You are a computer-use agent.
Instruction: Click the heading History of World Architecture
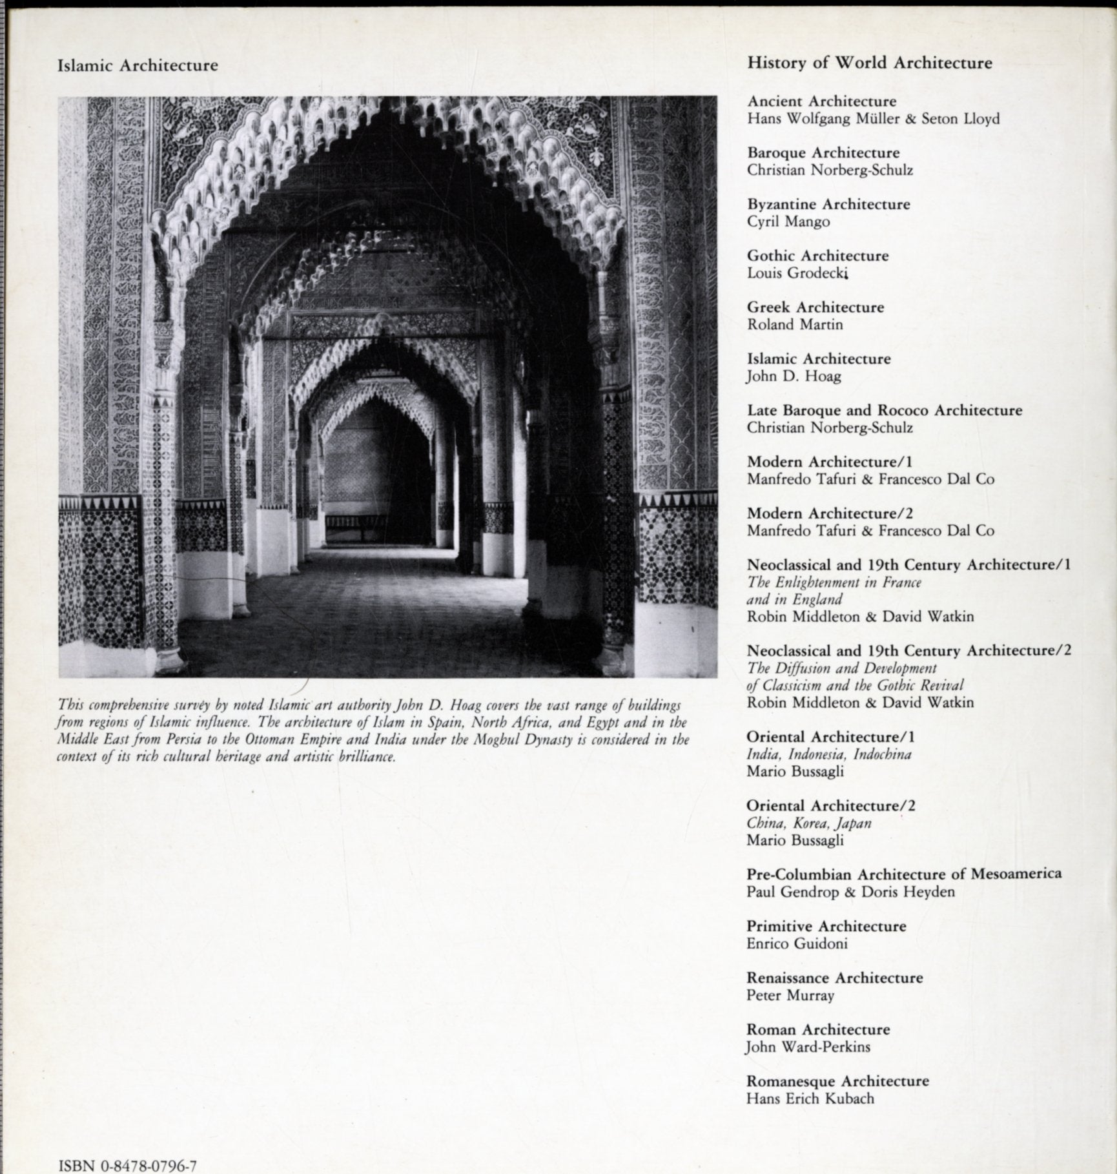(869, 63)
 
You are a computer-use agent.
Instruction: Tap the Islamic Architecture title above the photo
(138, 65)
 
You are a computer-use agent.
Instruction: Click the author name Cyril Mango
(788, 221)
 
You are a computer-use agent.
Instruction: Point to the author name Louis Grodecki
(796, 273)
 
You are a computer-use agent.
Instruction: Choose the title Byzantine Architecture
(828, 204)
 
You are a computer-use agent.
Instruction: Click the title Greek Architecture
(815, 307)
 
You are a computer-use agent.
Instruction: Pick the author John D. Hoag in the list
(794, 376)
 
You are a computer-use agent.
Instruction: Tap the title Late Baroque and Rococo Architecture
(885, 410)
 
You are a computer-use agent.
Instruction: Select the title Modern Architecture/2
(829, 513)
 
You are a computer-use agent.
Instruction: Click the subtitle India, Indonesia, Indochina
(828, 754)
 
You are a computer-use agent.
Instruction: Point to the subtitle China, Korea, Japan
(808, 823)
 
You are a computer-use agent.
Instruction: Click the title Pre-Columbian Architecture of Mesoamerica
(904, 874)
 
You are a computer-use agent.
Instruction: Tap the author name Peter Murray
(790, 995)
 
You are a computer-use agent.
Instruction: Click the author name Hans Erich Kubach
(810, 1098)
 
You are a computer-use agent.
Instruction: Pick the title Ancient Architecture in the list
(822, 101)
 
